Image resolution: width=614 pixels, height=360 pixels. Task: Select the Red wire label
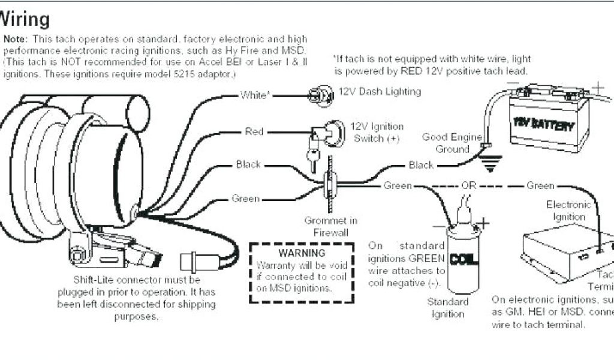[254, 131]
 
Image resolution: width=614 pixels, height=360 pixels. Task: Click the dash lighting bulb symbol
[319, 94]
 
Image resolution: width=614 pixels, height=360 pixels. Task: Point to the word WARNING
[302, 253]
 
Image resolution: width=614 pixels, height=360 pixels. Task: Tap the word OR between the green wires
[468, 186]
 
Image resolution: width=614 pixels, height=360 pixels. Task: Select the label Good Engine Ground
[452, 143]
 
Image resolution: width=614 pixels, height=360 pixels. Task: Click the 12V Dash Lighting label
[380, 92]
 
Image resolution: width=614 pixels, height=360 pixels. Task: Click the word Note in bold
[15, 38]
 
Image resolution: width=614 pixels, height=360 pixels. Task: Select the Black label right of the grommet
[421, 165]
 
